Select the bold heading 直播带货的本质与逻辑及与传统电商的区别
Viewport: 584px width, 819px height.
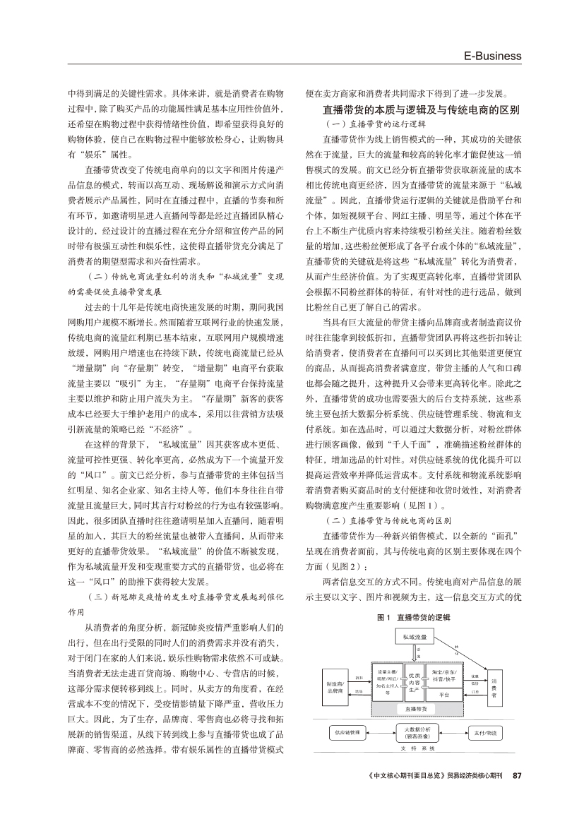pos(421,109)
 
